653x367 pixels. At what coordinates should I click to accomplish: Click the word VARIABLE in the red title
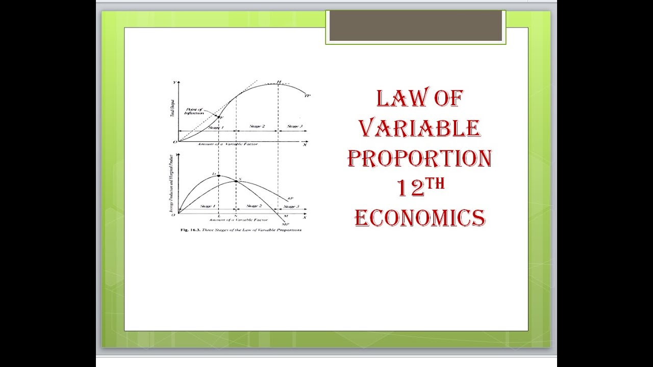419,128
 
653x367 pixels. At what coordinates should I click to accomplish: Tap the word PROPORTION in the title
419,158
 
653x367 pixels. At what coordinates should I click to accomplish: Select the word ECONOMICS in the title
419,218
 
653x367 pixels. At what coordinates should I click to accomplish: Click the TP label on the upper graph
307,95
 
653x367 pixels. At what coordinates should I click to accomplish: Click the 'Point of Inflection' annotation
194,111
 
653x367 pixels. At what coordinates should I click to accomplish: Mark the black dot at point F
218,117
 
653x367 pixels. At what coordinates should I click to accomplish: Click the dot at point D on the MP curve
218,175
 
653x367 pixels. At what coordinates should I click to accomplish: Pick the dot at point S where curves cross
236,181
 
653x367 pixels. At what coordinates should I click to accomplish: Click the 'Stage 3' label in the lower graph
291,206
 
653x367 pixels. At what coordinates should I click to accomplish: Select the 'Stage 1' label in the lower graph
207,206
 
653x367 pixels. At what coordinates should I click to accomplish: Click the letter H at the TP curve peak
279,82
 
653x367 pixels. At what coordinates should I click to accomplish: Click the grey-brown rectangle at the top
415,25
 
